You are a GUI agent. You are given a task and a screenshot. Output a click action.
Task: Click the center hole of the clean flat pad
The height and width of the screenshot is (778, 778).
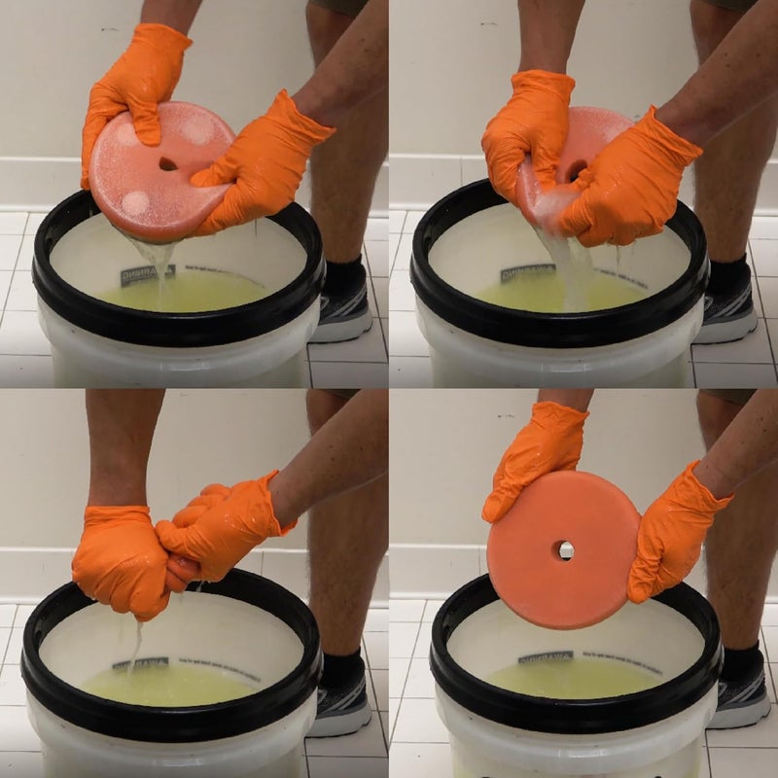pyautogui.click(x=564, y=550)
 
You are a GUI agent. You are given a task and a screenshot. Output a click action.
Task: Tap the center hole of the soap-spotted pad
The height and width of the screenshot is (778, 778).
pyautogui.click(x=167, y=164)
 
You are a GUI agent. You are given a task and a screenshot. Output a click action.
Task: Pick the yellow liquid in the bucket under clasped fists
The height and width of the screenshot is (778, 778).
pyautogui.click(x=175, y=686)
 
